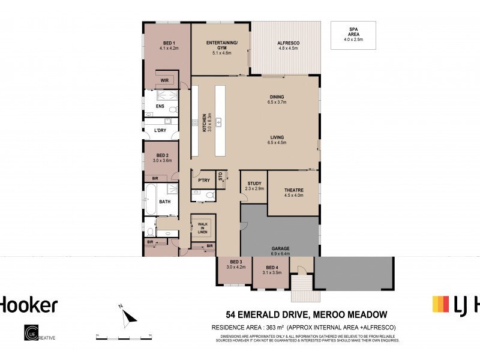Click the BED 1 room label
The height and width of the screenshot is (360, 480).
pyautogui.click(x=169, y=43)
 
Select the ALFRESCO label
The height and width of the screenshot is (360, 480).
pyautogui.click(x=289, y=43)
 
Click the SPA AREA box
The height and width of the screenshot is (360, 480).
pyautogui.click(x=353, y=35)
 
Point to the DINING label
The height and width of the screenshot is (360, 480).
pyautogui.click(x=277, y=97)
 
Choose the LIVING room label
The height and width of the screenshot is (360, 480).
pyautogui.click(x=277, y=138)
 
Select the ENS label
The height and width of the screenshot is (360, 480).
pyautogui.click(x=160, y=107)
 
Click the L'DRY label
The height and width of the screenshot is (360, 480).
pyautogui.click(x=160, y=130)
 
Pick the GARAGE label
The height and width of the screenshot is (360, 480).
pyautogui.click(x=280, y=248)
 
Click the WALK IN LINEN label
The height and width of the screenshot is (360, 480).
pyautogui.click(x=203, y=227)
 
